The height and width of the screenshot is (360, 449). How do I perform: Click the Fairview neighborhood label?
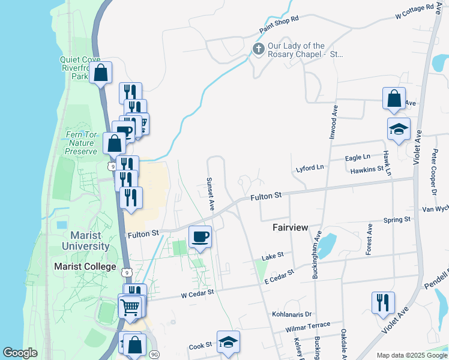click(290, 228)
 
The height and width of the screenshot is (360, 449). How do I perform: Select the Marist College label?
click(85, 266)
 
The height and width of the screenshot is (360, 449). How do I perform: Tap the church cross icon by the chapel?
click(259, 49)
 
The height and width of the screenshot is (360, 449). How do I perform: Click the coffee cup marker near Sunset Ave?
click(200, 236)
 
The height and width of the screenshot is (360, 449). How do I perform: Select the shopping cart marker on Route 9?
click(130, 307)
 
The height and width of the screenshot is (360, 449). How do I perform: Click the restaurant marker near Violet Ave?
click(382, 302)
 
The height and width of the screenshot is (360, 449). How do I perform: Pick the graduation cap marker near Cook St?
click(228, 341)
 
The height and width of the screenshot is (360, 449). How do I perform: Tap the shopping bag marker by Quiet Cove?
click(101, 73)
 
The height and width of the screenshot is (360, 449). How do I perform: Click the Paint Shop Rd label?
click(279, 25)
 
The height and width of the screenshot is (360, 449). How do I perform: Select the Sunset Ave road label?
click(211, 193)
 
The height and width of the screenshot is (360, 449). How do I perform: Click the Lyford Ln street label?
click(310, 169)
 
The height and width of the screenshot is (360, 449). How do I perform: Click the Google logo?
click(21, 353)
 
